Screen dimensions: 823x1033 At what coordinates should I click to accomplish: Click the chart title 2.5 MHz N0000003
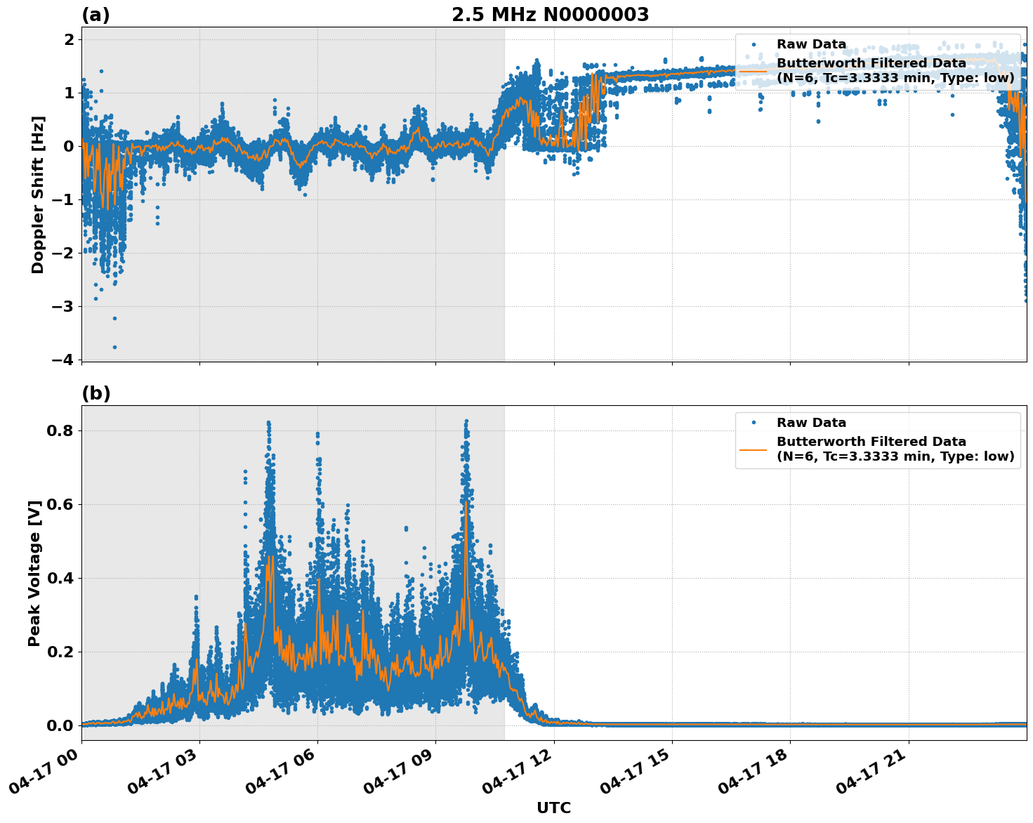point(550,15)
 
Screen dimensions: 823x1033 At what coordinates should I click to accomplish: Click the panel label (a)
point(96,15)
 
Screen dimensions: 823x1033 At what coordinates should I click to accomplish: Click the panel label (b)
point(96,393)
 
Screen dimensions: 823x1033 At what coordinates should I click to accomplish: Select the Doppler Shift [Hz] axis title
point(38,195)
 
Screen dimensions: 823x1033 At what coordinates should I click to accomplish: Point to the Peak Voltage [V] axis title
point(34,573)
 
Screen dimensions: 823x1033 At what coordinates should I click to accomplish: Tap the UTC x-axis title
point(553,808)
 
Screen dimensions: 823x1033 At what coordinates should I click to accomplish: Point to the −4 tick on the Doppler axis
point(62,360)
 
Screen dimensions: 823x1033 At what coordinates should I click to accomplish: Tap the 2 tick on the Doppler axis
point(69,40)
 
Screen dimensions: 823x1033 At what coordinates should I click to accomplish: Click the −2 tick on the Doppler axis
point(62,253)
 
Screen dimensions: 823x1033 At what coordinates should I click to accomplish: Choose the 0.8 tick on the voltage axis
point(60,430)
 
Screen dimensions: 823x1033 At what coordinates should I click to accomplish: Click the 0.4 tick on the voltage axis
point(60,578)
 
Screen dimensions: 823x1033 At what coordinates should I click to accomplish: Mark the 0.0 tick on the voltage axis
point(60,725)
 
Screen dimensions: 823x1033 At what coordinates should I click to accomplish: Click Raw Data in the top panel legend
point(811,44)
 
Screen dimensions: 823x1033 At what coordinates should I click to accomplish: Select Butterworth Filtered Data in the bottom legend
point(871,442)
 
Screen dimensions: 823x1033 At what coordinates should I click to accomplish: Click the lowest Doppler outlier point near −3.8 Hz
point(114,347)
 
